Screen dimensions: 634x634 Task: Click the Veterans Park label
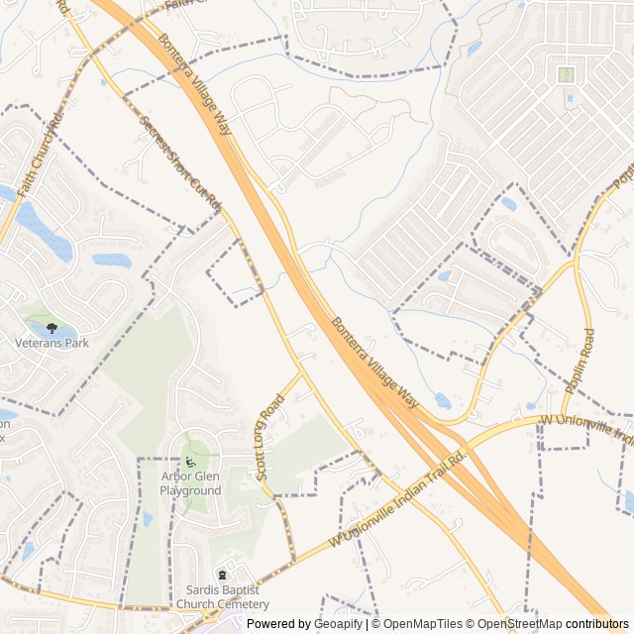click(x=52, y=343)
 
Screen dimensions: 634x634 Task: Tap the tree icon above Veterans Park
click(x=52, y=328)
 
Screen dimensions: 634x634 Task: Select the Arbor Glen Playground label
click(x=190, y=483)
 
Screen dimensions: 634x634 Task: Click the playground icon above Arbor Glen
click(x=190, y=462)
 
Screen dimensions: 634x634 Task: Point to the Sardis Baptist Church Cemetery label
click(x=227, y=597)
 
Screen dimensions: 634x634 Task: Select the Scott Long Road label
click(x=268, y=436)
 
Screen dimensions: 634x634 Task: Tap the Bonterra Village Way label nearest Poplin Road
click(x=376, y=364)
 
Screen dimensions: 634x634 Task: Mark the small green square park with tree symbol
click(x=566, y=74)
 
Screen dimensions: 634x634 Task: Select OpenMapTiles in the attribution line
click(x=424, y=624)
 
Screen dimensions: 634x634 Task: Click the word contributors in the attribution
click(x=597, y=624)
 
